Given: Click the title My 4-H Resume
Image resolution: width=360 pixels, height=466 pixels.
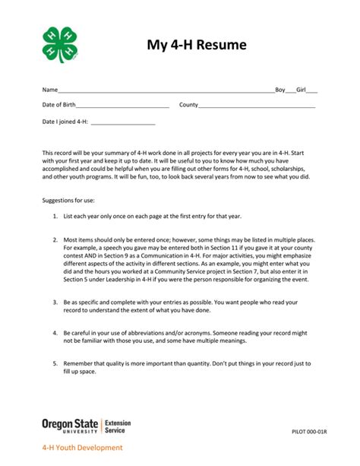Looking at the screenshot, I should (197, 46).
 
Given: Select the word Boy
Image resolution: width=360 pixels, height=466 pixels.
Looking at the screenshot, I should (281, 89).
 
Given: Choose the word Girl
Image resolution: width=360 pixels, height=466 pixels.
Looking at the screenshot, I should (302, 89).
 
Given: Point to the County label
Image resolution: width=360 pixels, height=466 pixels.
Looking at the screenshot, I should (188, 105).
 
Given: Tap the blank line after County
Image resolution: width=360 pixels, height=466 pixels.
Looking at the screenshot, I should (258, 106).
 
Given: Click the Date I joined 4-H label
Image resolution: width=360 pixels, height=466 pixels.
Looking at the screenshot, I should (65, 122).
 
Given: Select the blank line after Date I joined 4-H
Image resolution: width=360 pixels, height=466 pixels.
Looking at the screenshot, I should (123, 123).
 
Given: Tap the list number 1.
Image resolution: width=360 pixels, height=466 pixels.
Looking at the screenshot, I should (55, 217).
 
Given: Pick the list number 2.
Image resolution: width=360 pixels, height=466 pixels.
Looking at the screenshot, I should (55, 239).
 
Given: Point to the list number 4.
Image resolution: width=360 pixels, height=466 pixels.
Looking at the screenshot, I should (55, 333).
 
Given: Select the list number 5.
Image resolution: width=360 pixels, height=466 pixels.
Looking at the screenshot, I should (55, 364).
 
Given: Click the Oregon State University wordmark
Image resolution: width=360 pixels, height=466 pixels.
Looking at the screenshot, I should (71, 424).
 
